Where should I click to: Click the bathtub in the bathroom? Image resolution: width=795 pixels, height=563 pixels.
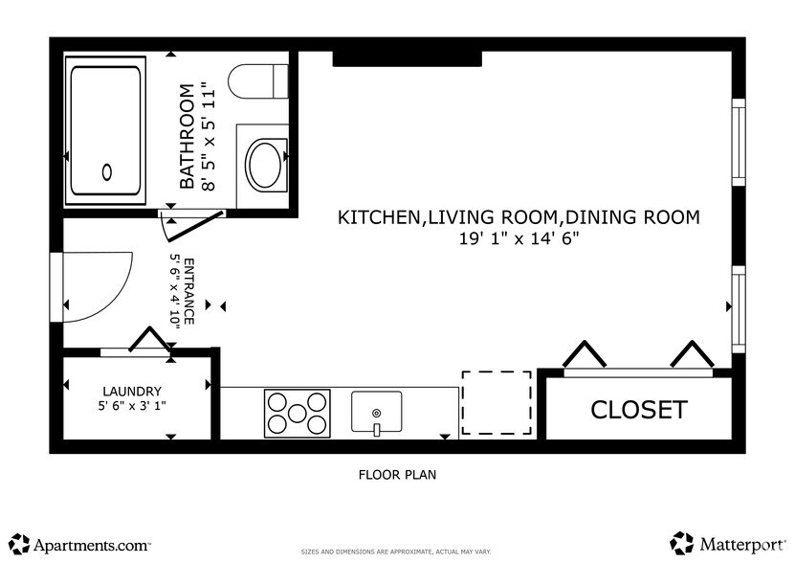(104, 130)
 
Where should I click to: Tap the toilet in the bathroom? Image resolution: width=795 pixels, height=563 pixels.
(259, 79)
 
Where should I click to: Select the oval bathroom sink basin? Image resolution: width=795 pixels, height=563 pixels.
(265, 164)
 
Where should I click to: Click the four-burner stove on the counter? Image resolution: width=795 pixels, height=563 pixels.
(297, 414)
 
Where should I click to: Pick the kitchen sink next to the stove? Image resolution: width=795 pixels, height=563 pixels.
(377, 413)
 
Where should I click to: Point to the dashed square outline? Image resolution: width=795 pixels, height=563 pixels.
(497, 403)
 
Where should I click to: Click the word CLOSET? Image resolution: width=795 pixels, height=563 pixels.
(638, 410)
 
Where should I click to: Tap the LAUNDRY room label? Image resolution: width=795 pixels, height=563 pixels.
(132, 391)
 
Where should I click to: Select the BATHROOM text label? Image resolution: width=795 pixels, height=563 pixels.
(188, 137)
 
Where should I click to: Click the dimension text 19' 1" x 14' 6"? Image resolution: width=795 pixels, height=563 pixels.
(519, 239)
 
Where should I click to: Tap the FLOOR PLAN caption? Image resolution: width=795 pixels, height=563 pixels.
(397, 474)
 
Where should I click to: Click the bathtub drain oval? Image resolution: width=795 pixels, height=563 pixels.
(107, 171)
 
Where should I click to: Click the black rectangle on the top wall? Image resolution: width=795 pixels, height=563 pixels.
(406, 59)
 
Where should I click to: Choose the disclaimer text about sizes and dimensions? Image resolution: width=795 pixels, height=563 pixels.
(397, 552)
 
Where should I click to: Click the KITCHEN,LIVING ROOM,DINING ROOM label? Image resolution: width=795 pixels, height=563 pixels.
(519, 217)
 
